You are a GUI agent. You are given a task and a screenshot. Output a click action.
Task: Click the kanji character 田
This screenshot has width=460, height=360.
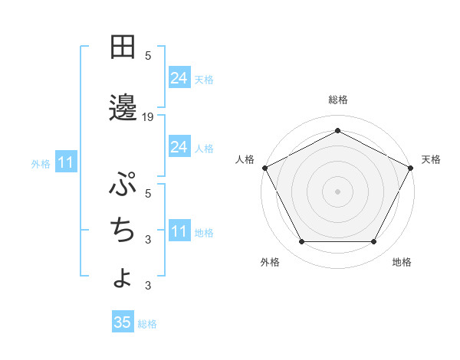click(123, 47)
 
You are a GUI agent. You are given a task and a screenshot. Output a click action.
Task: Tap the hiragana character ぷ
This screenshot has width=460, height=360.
click(123, 185)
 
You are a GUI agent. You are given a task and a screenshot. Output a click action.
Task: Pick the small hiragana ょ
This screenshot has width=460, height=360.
click(123, 277)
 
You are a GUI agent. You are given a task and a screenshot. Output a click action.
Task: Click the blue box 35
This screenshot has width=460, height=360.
click(123, 322)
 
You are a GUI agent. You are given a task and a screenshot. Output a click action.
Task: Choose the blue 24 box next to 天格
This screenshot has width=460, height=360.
click(179, 77)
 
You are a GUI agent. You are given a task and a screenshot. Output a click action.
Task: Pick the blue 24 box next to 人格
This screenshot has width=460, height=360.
click(179, 146)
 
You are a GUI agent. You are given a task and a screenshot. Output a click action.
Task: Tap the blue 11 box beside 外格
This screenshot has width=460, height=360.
click(65, 162)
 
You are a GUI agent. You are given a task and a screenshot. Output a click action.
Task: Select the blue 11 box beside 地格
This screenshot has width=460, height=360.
click(179, 231)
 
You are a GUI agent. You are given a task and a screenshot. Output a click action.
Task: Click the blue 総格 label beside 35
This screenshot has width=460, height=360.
click(147, 324)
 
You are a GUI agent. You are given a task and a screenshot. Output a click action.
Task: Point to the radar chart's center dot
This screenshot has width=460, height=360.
click(337, 191)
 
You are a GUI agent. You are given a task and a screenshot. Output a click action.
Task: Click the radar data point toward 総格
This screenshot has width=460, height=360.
click(337, 130)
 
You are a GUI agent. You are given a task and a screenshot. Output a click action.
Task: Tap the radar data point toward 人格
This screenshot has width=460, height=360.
click(264, 167)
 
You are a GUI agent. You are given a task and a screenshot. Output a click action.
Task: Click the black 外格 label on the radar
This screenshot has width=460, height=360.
click(270, 262)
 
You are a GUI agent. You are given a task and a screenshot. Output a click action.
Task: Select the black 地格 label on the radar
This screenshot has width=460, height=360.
click(402, 262)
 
